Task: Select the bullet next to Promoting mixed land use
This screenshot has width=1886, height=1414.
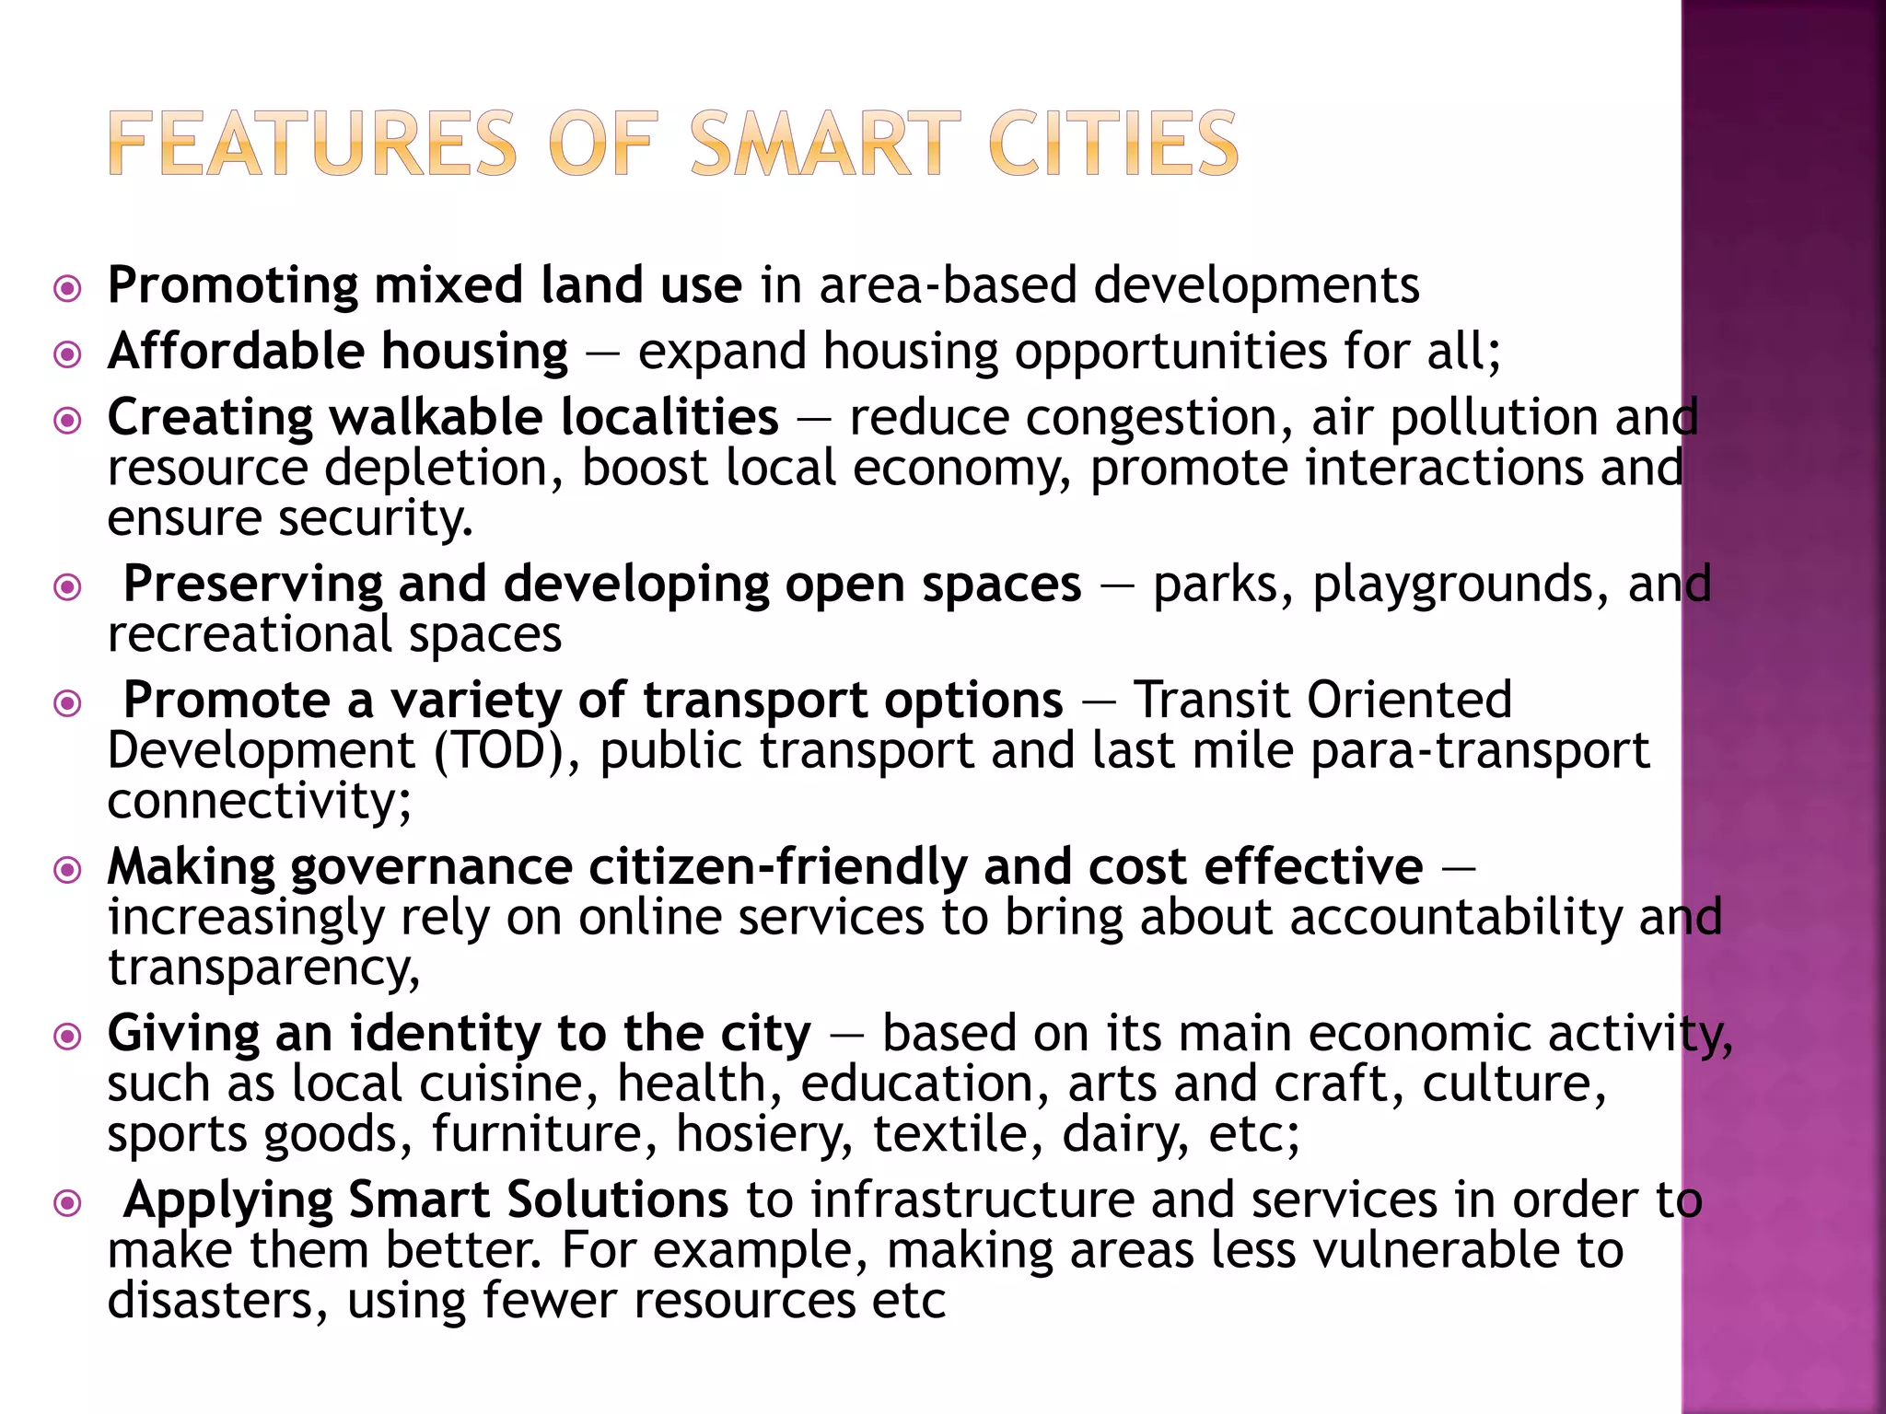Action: pos(67,288)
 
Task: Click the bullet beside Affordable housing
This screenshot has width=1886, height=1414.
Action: pos(67,354)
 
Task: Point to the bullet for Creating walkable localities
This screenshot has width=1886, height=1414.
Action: pos(67,421)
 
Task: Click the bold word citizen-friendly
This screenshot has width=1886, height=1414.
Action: pos(777,868)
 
